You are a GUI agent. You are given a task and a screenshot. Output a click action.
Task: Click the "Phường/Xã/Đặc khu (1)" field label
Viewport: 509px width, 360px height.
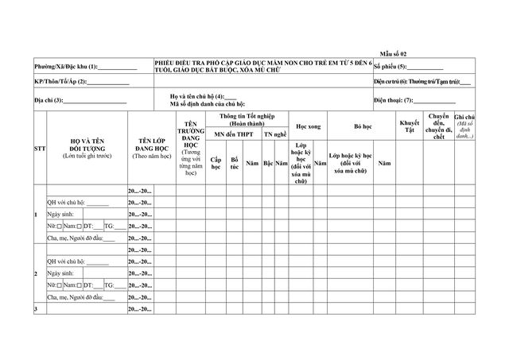pos(66,67)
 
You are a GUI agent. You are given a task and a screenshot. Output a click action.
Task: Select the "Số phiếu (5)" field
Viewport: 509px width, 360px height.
pos(425,67)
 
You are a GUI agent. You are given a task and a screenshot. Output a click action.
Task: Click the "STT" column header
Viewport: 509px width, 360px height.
pos(39,149)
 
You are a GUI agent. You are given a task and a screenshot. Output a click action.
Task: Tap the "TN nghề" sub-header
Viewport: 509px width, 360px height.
pos(276,135)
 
